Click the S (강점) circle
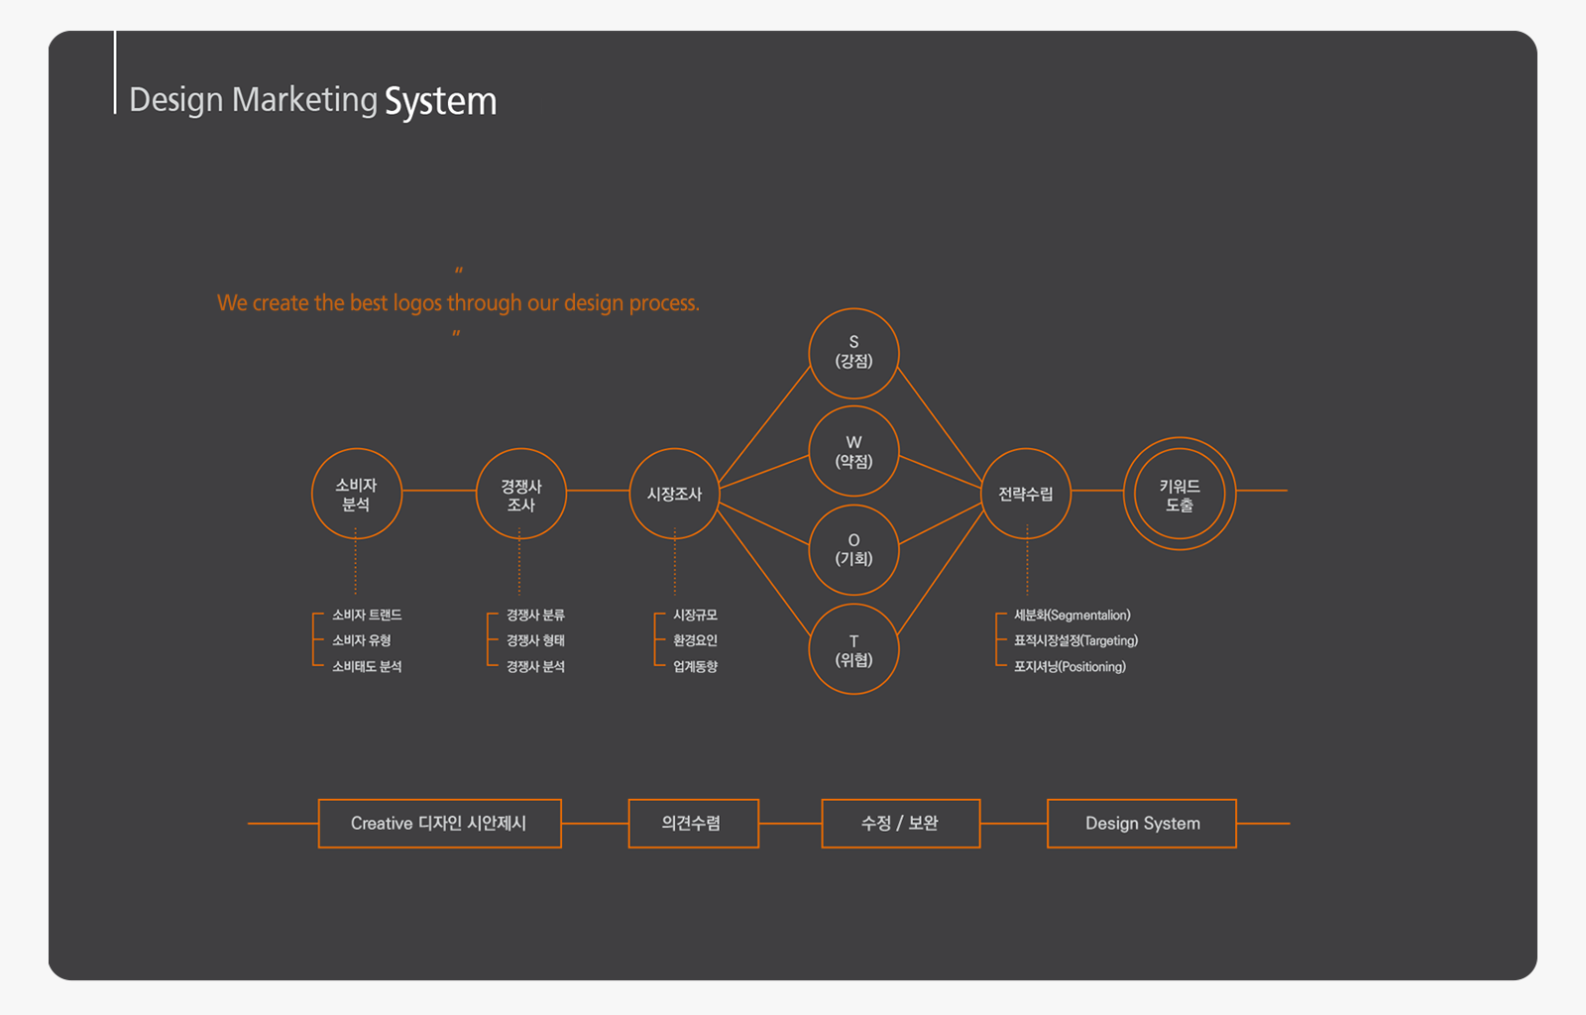(x=853, y=353)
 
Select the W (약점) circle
(x=853, y=451)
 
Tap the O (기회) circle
(x=853, y=550)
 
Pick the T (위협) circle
(x=853, y=649)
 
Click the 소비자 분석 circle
(x=356, y=494)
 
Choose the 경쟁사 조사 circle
(x=520, y=494)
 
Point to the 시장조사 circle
(x=674, y=494)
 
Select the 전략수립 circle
(x=1026, y=494)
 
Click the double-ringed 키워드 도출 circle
(x=1180, y=494)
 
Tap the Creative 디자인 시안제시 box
(x=439, y=824)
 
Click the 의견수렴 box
(x=693, y=824)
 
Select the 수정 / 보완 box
(x=900, y=824)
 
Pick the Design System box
(x=1142, y=824)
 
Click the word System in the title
(x=440, y=101)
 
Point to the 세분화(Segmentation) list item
(x=1072, y=616)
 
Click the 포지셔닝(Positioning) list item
(x=1070, y=667)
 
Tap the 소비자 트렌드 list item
(x=367, y=616)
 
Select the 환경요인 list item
(x=695, y=641)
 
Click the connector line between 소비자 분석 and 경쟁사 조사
(x=438, y=491)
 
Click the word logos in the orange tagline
(x=417, y=303)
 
